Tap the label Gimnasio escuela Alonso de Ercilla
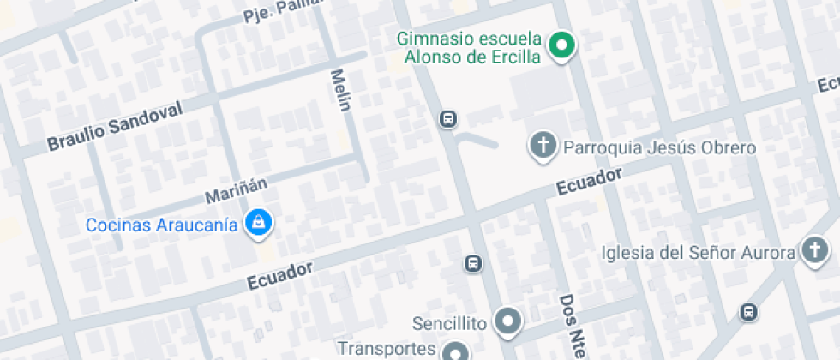pyautogui.click(x=470, y=48)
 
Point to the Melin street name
pyautogui.click(x=340, y=90)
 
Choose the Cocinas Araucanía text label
pyautogui.click(x=161, y=225)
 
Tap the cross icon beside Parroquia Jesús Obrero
pyautogui.click(x=542, y=146)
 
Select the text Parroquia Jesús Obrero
pyautogui.click(x=659, y=147)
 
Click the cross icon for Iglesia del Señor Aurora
pyautogui.click(x=813, y=251)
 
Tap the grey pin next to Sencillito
pyautogui.click(x=510, y=322)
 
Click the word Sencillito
pyautogui.click(x=449, y=323)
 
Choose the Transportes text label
pyautogui.click(x=387, y=349)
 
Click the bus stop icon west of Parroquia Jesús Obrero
pyautogui.click(x=447, y=119)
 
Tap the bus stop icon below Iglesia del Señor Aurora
pyautogui.click(x=750, y=312)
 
